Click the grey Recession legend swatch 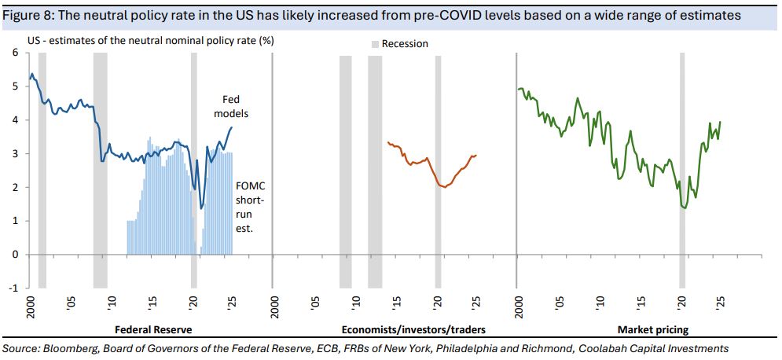click(376, 44)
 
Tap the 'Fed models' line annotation click(233, 107)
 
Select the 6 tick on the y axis click(14, 53)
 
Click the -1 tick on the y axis click(13, 288)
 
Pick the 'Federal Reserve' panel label click(153, 329)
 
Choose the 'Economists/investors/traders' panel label click(413, 329)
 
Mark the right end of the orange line click(476, 155)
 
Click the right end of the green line click(721, 122)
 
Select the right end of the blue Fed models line click(232, 127)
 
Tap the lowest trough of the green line click(685, 208)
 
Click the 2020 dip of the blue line click(202, 208)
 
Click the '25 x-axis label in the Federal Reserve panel click(232, 303)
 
